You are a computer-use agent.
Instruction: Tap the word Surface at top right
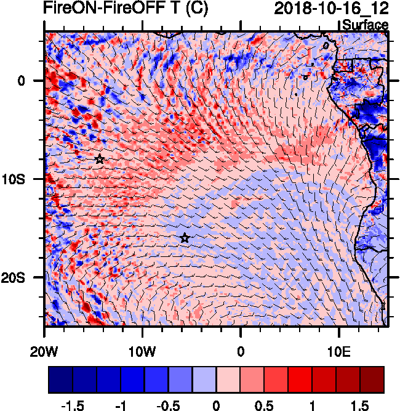tap(365, 25)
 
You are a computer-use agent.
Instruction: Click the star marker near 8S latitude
tap(100, 159)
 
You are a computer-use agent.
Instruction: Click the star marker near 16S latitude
tap(185, 238)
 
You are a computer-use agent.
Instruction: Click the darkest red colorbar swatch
tap(372, 379)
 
